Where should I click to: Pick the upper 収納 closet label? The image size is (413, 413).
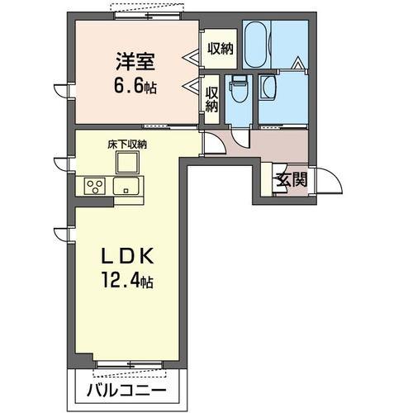coord(221,48)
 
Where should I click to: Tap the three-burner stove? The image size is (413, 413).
coord(93,186)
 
